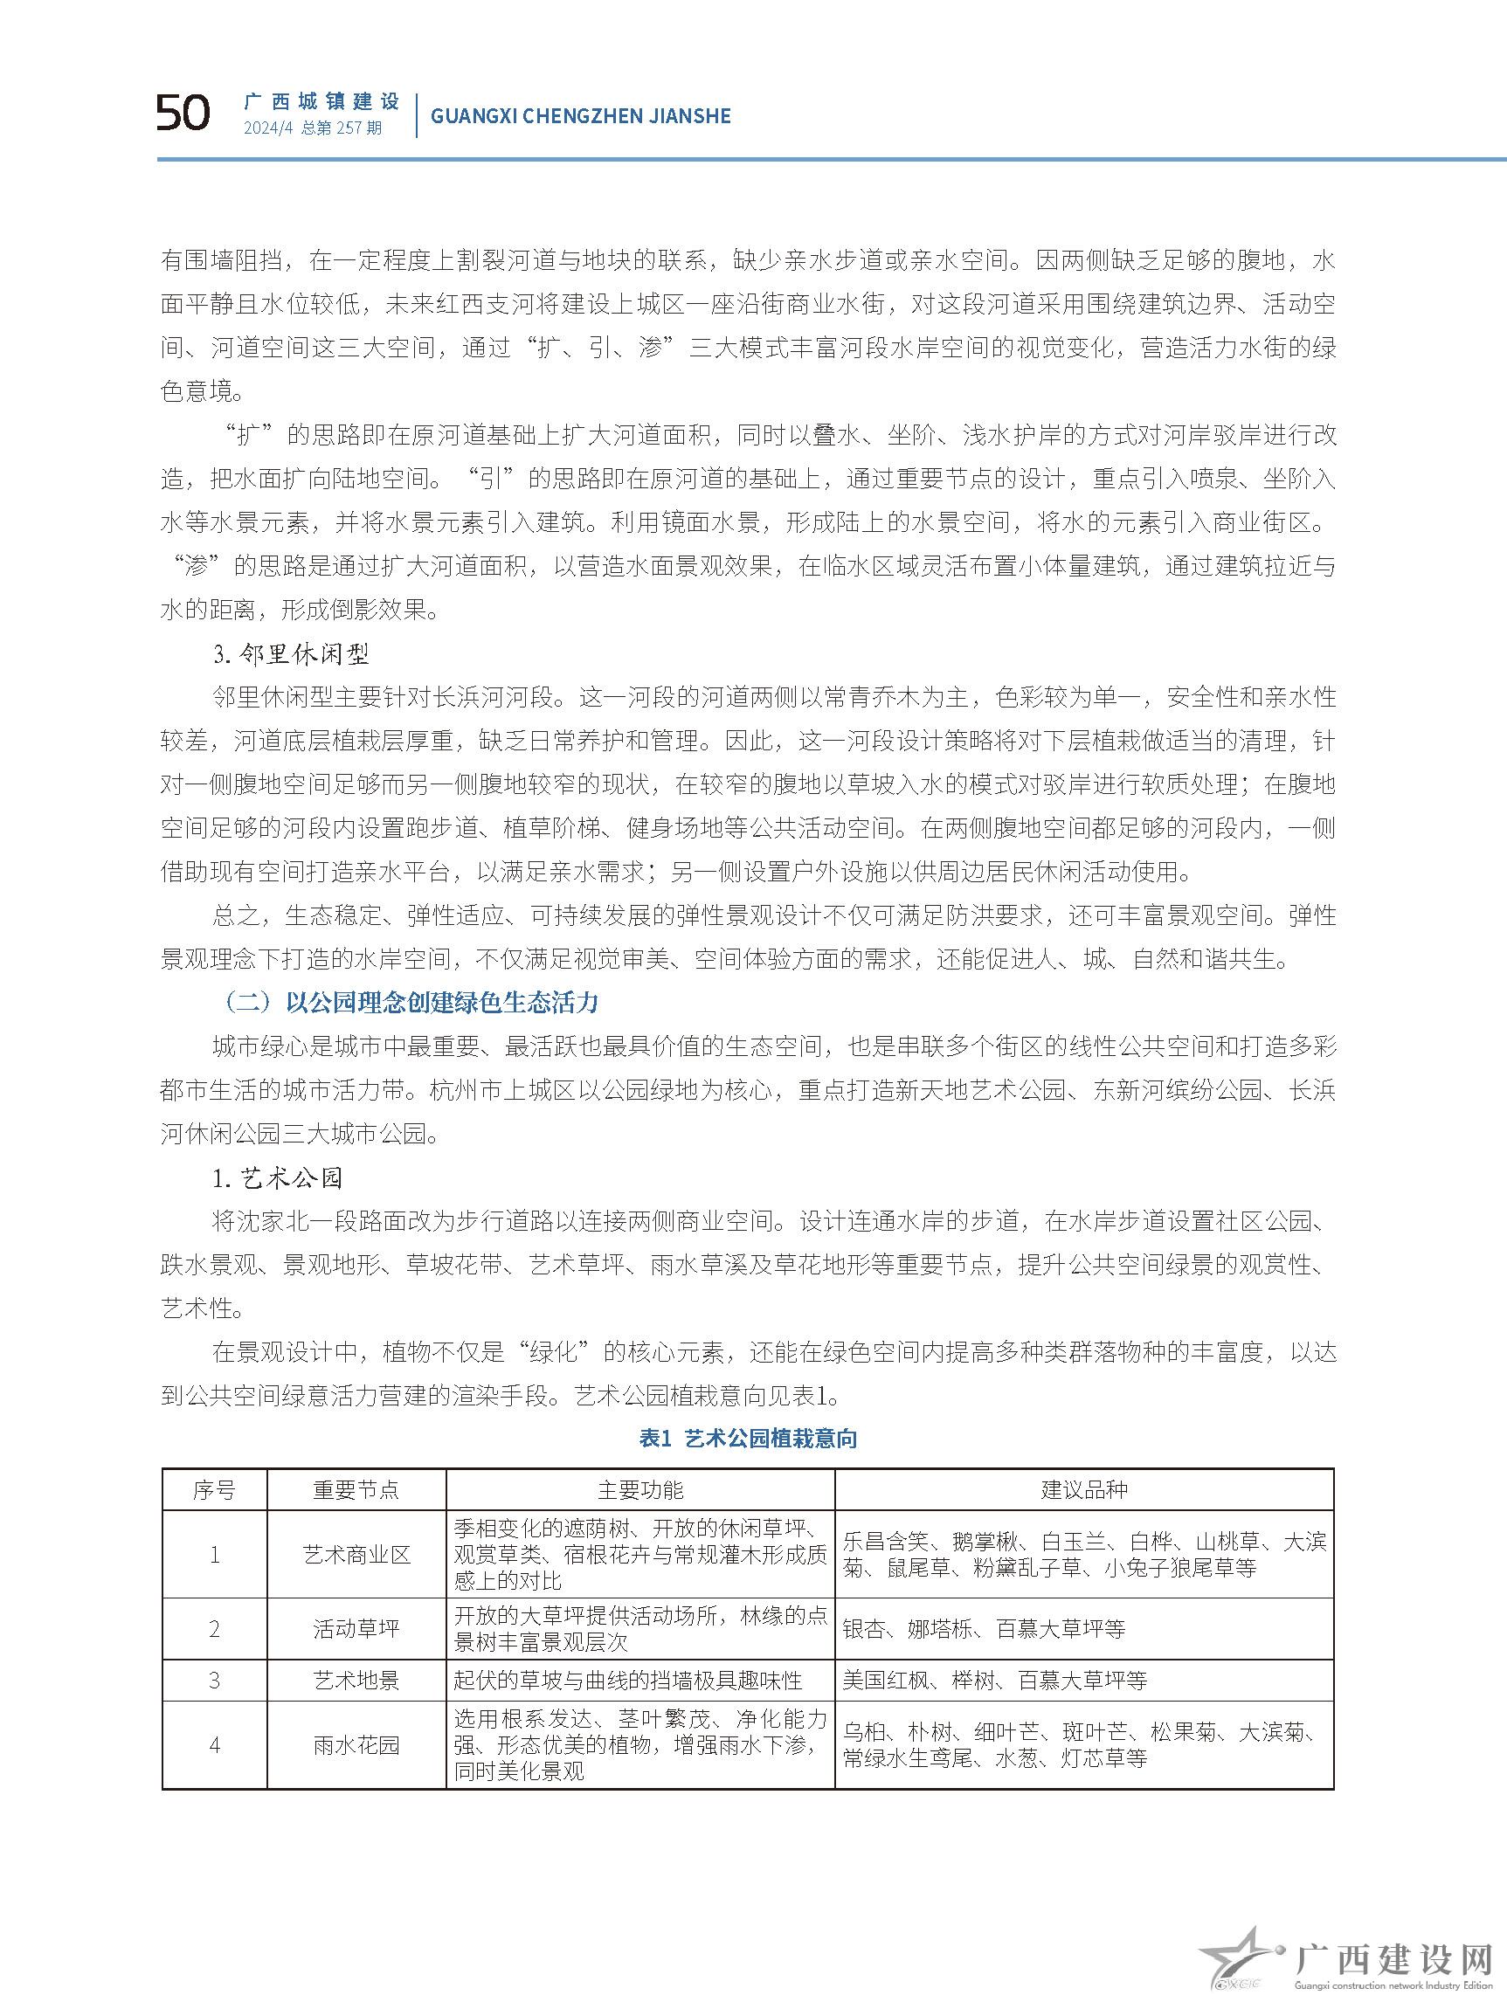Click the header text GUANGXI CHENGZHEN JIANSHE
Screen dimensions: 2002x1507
pos(580,116)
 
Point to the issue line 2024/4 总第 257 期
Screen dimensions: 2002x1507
pos(312,128)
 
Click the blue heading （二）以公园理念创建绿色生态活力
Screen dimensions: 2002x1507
pos(410,1003)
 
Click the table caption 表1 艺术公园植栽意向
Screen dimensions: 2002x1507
pos(748,1438)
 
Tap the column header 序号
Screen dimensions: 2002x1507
pos(214,1490)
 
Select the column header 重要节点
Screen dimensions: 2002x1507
pos(356,1490)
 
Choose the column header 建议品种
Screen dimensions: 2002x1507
pos(1083,1490)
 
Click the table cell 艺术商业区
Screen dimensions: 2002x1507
pos(356,1555)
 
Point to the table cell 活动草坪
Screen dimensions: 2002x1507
pos(356,1629)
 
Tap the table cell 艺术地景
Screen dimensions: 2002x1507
pos(356,1681)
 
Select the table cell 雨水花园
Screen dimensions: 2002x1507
pos(356,1745)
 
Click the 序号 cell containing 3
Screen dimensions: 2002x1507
pos(214,1681)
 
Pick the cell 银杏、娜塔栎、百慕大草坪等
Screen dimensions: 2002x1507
pos(984,1629)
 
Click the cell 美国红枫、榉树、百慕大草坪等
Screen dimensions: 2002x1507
pos(995,1681)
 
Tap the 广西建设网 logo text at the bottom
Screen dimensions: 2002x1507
pos(1393,1957)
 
